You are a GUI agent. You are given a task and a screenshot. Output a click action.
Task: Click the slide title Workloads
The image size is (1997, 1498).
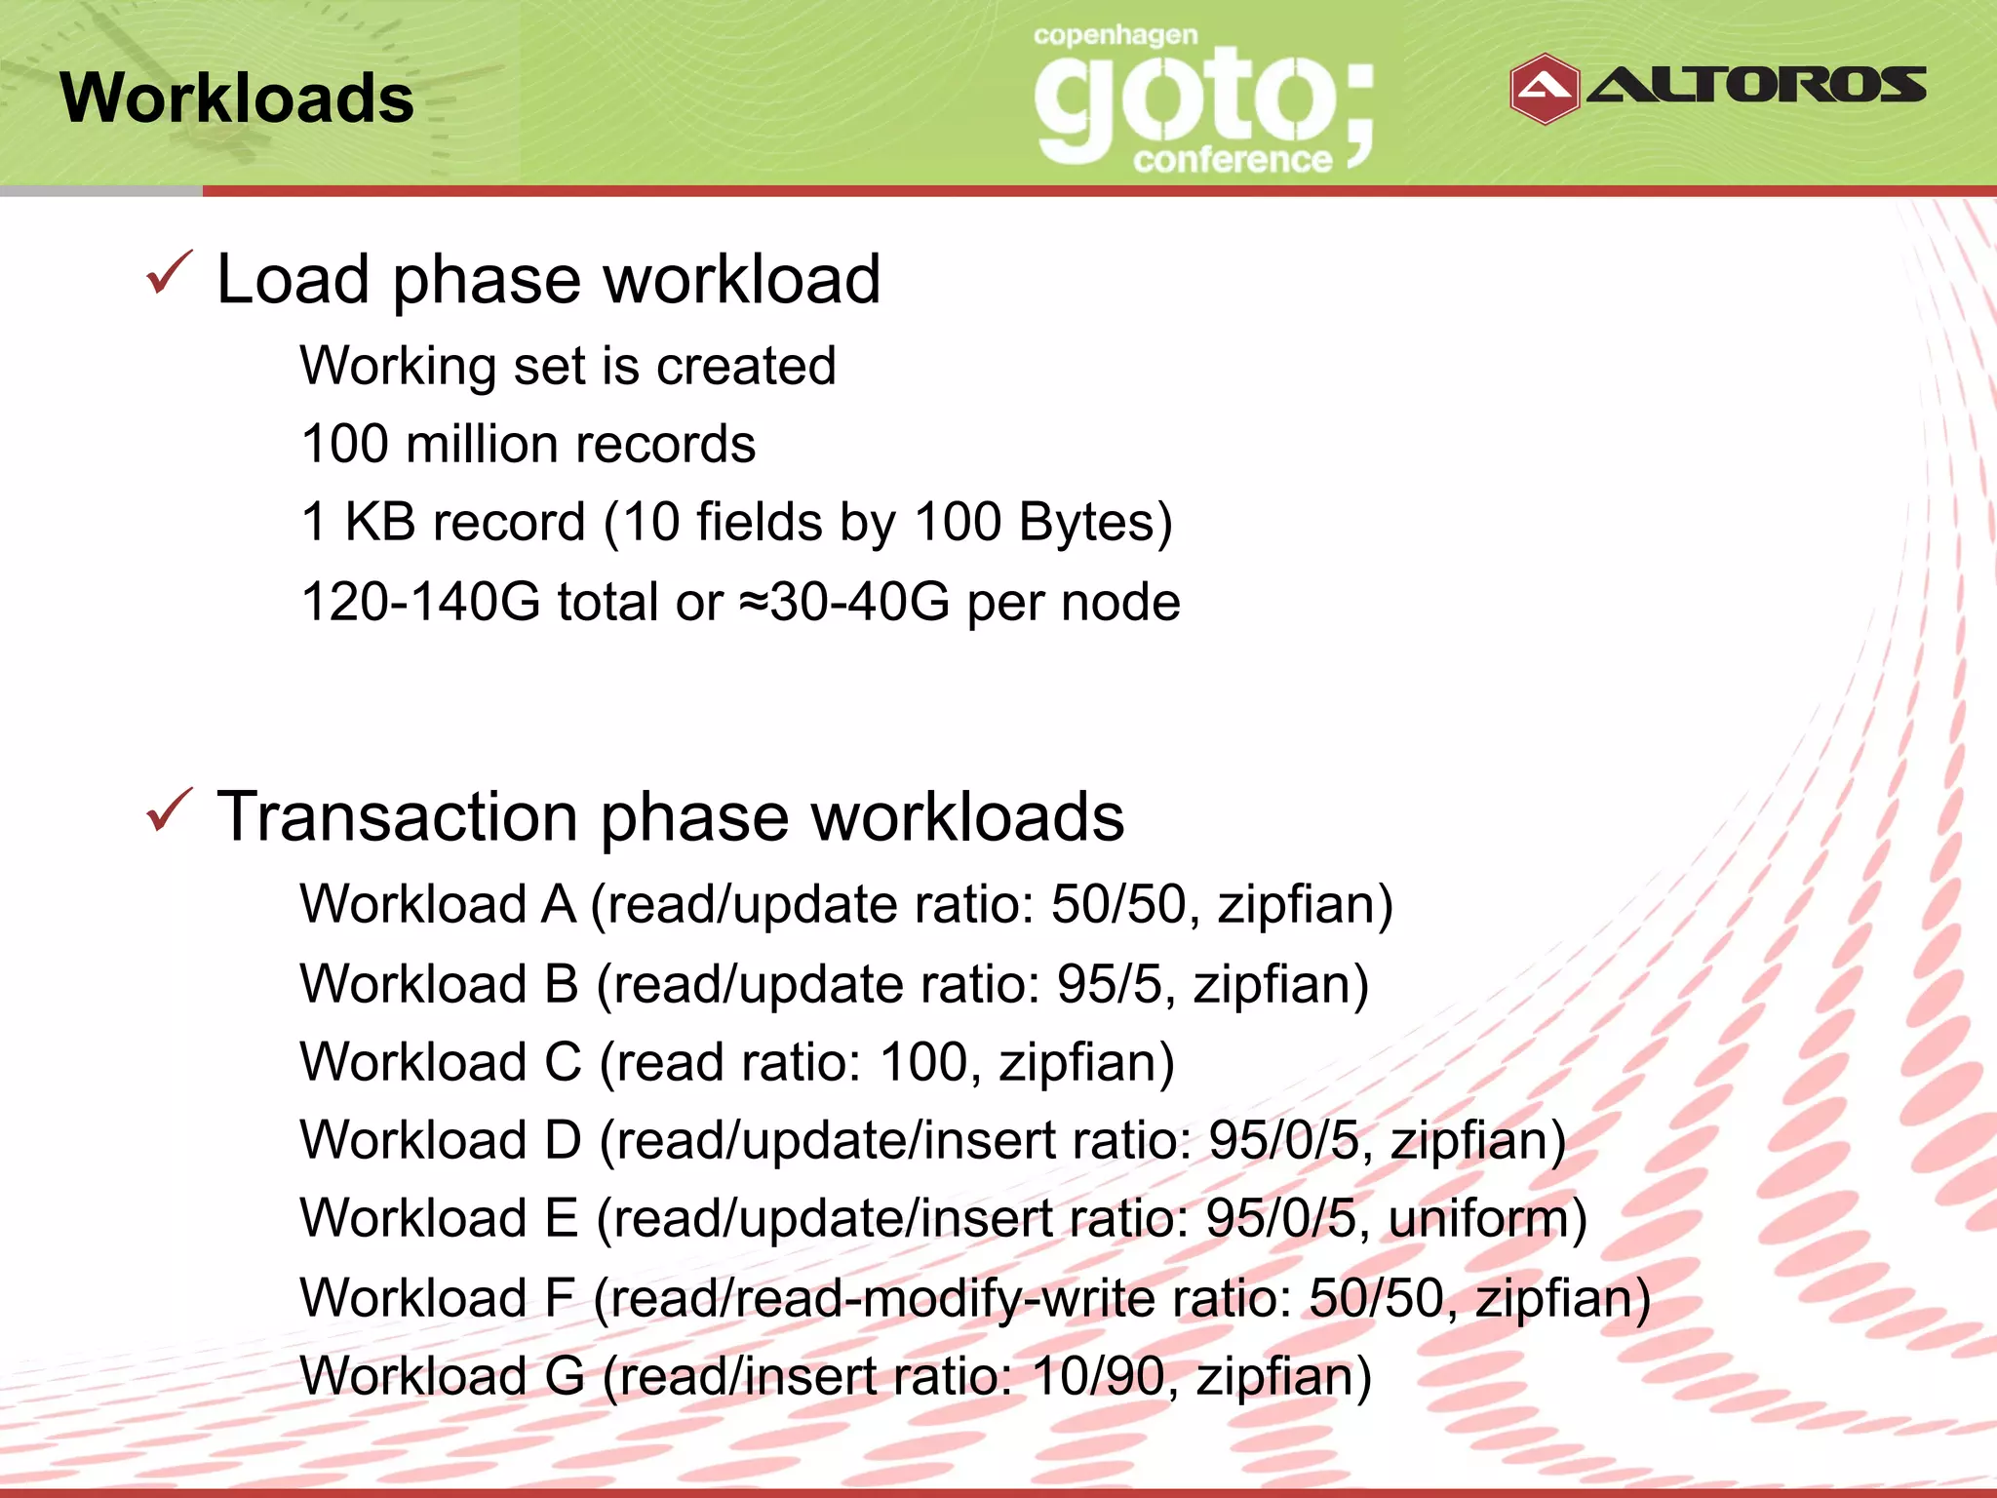tap(237, 99)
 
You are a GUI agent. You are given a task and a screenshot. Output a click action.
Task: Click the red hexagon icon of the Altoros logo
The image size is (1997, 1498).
tap(1544, 89)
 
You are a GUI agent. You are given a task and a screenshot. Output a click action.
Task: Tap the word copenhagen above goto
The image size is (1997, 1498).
tap(1116, 36)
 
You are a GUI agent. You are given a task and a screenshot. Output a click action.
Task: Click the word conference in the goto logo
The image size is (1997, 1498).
tap(1233, 159)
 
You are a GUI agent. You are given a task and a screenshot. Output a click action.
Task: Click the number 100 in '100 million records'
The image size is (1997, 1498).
tap(345, 445)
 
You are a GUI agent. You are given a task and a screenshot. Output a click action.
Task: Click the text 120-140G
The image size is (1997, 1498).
tap(420, 602)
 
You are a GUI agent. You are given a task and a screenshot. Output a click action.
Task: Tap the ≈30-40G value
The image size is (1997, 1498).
tap(844, 602)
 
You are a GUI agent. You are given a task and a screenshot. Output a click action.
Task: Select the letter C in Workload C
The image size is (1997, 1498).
tap(563, 1062)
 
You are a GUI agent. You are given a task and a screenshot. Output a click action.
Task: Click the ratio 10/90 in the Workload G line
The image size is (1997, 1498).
tap(1096, 1377)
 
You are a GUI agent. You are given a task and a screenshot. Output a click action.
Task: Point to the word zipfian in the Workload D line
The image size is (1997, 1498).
tap(1468, 1141)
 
